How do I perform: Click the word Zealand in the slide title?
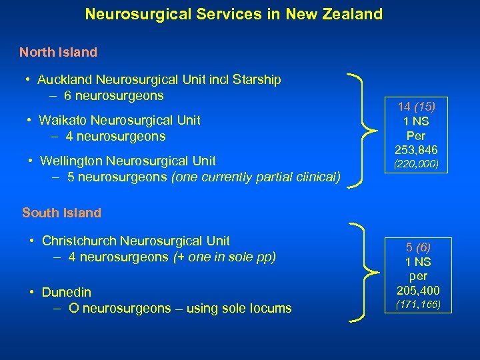(355, 13)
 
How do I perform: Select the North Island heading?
(58, 52)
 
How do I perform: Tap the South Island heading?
(61, 213)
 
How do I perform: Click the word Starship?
(257, 80)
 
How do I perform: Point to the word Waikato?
(63, 120)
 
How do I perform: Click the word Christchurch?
(79, 241)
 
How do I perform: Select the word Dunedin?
(66, 292)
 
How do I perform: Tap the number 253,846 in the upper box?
(416, 150)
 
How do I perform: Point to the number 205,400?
(417, 291)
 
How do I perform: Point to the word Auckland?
(64, 80)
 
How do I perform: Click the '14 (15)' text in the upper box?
(416, 107)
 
